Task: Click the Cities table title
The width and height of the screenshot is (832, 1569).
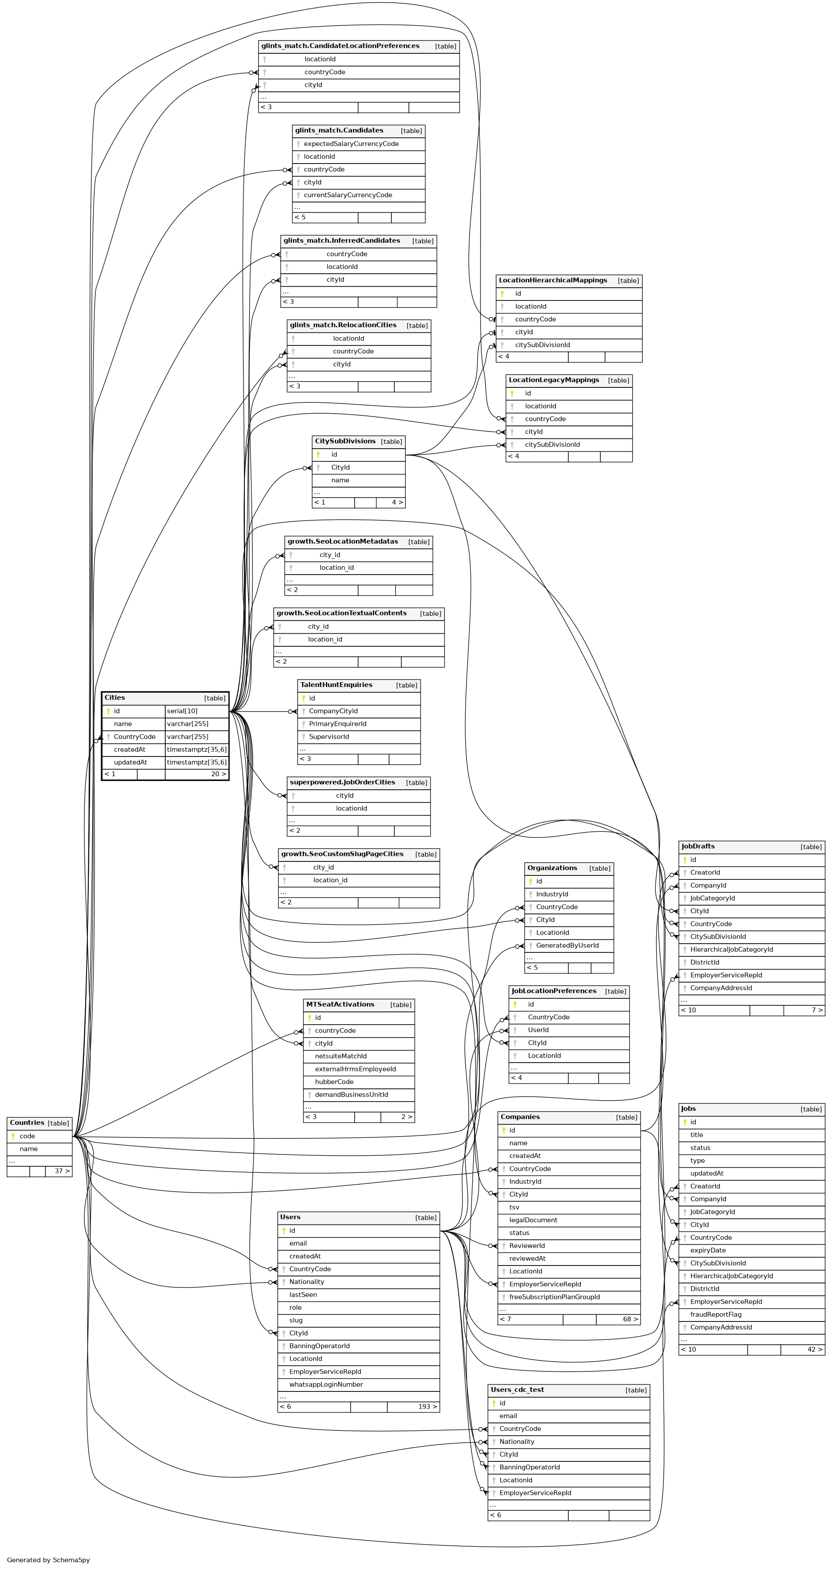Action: [115, 697]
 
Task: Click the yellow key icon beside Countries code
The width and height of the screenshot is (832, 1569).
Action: [13, 1136]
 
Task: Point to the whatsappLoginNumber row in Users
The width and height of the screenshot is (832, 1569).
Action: [326, 1384]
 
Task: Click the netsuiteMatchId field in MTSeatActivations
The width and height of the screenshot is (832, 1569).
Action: [341, 1056]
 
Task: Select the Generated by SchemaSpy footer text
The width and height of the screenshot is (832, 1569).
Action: [48, 1560]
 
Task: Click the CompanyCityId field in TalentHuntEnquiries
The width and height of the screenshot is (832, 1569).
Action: [333, 711]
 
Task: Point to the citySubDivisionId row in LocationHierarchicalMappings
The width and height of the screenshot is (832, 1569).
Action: [542, 345]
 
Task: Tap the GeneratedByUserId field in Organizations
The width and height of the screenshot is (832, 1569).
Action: [567, 945]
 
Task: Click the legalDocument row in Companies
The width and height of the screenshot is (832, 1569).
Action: [533, 1220]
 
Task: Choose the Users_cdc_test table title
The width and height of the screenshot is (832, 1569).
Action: [517, 1389]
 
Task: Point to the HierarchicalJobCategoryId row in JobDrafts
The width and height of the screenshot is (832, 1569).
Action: [731, 949]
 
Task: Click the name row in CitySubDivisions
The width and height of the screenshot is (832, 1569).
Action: [340, 480]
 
